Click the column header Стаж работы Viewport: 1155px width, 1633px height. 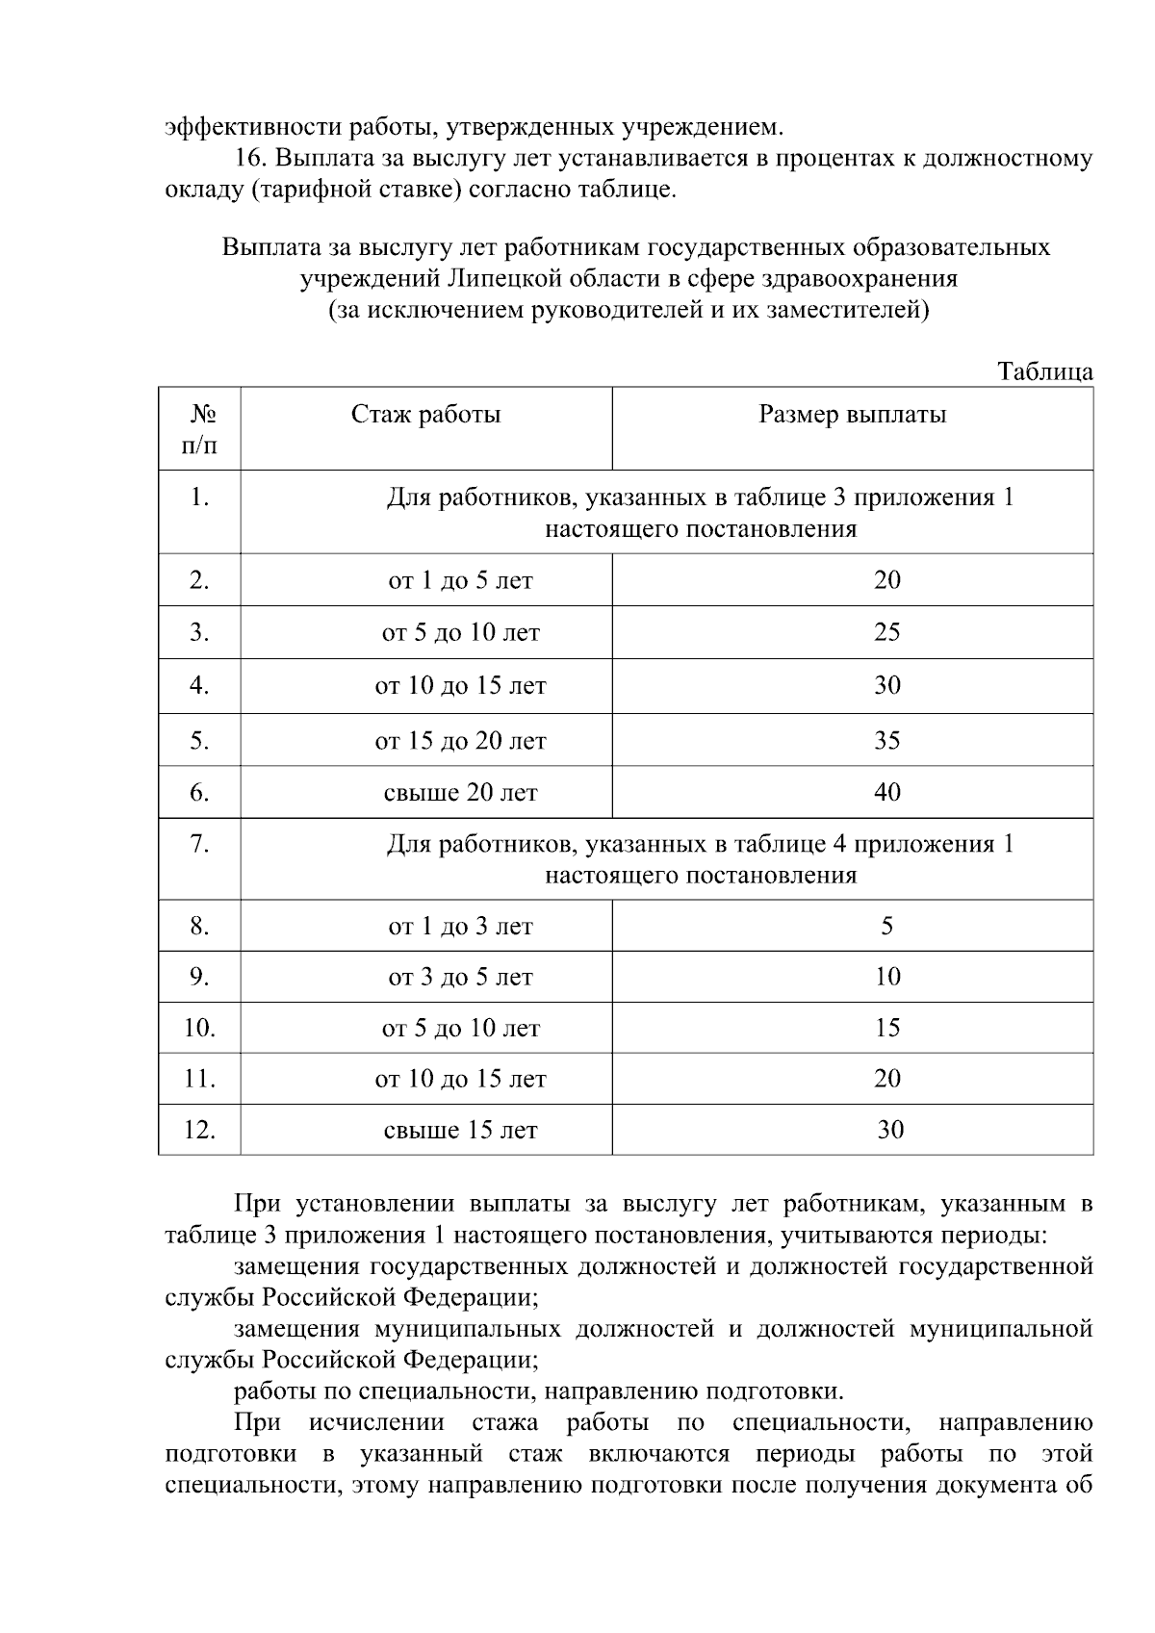click(x=425, y=415)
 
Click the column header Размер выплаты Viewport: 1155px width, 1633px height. click(x=852, y=415)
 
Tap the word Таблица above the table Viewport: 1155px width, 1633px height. click(x=1044, y=371)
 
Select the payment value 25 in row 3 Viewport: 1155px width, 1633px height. click(x=886, y=632)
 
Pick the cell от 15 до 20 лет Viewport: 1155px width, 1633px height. click(x=460, y=741)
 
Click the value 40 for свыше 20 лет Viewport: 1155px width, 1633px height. click(x=886, y=792)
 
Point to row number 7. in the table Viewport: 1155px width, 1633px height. click(x=199, y=844)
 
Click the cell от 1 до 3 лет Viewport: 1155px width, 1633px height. click(x=460, y=927)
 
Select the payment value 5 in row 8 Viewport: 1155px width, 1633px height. click(x=886, y=926)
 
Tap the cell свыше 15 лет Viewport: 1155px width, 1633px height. click(x=460, y=1131)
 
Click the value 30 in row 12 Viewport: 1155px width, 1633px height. click(x=889, y=1130)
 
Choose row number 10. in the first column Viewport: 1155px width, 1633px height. click(x=199, y=1028)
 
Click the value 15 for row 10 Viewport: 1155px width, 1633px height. click(x=886, y=1028)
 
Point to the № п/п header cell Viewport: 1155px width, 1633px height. click(x=199, y=429)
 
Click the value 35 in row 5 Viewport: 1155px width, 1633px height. click(x=886, y=740)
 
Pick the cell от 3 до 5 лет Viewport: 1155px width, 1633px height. click(x=460, y=978)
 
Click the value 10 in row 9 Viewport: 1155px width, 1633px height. click(x=886, y=977)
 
